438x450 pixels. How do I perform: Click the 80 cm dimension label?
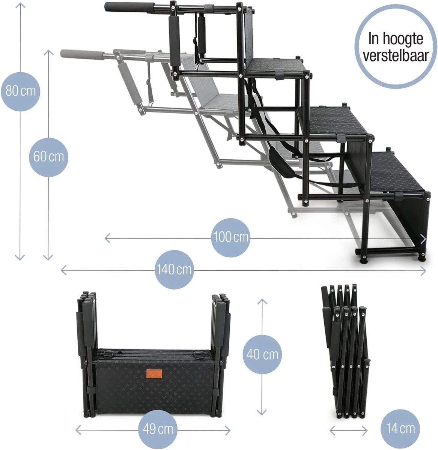click(x=21, y=91)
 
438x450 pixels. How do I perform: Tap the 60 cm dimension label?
click(x=48, y=157)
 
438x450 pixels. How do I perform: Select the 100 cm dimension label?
click(x=230, y=237)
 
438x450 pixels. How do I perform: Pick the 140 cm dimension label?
click(x=174, y=269)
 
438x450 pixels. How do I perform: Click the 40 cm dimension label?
click(x=262, y=354)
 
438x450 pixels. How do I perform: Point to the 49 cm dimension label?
click(x=158, y=429)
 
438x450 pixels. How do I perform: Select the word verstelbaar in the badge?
click(x=396, y=55)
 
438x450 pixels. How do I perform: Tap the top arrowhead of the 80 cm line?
click(x=20, y=5)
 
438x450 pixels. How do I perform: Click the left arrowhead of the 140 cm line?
click(x=63, y=270)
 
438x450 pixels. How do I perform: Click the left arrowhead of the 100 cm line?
click(x=107, y=238)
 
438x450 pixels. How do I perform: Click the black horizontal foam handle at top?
click(x=129, y=6)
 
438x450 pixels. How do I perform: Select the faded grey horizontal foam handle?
click(x=82, y=54)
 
